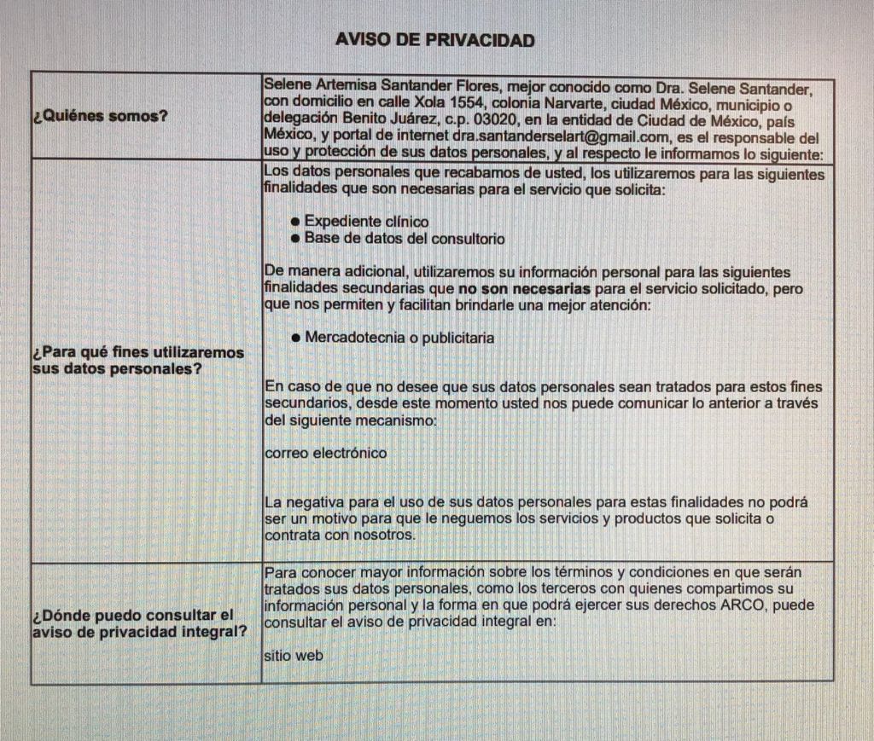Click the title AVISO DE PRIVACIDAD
[x=435, y=39]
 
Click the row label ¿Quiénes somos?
[x=100, y=117]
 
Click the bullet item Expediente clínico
[x=366, y=222]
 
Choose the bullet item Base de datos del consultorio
[x=404, y=239]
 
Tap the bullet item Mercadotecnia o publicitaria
[x=399, y=338]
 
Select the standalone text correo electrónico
[x=325, y=453]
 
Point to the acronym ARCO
[x=747, y=605]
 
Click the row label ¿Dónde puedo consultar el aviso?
[x=133, y=622]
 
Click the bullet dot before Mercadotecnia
[x=294, y=339]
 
